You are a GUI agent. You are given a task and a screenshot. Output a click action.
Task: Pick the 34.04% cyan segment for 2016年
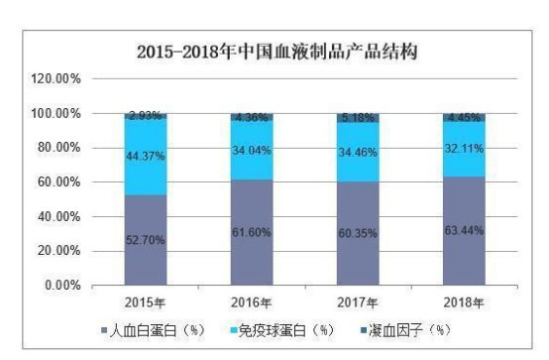(x=252, y=151)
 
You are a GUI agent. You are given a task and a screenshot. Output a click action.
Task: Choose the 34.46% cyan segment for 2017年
(x=358, y=152)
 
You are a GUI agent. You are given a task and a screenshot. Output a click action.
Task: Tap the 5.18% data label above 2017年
(x=358, y=118)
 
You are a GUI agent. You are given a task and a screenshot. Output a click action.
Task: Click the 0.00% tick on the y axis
(x=62, y=286)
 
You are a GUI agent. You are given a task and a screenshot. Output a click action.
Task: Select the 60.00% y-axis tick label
(x=60, y=182)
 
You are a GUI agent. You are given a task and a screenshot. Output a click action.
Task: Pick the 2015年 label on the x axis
(x=146, y=301)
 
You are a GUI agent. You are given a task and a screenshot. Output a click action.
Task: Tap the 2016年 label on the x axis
(x=252, y=301)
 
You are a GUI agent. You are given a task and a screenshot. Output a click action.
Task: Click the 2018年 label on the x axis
(x=464, y=301)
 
